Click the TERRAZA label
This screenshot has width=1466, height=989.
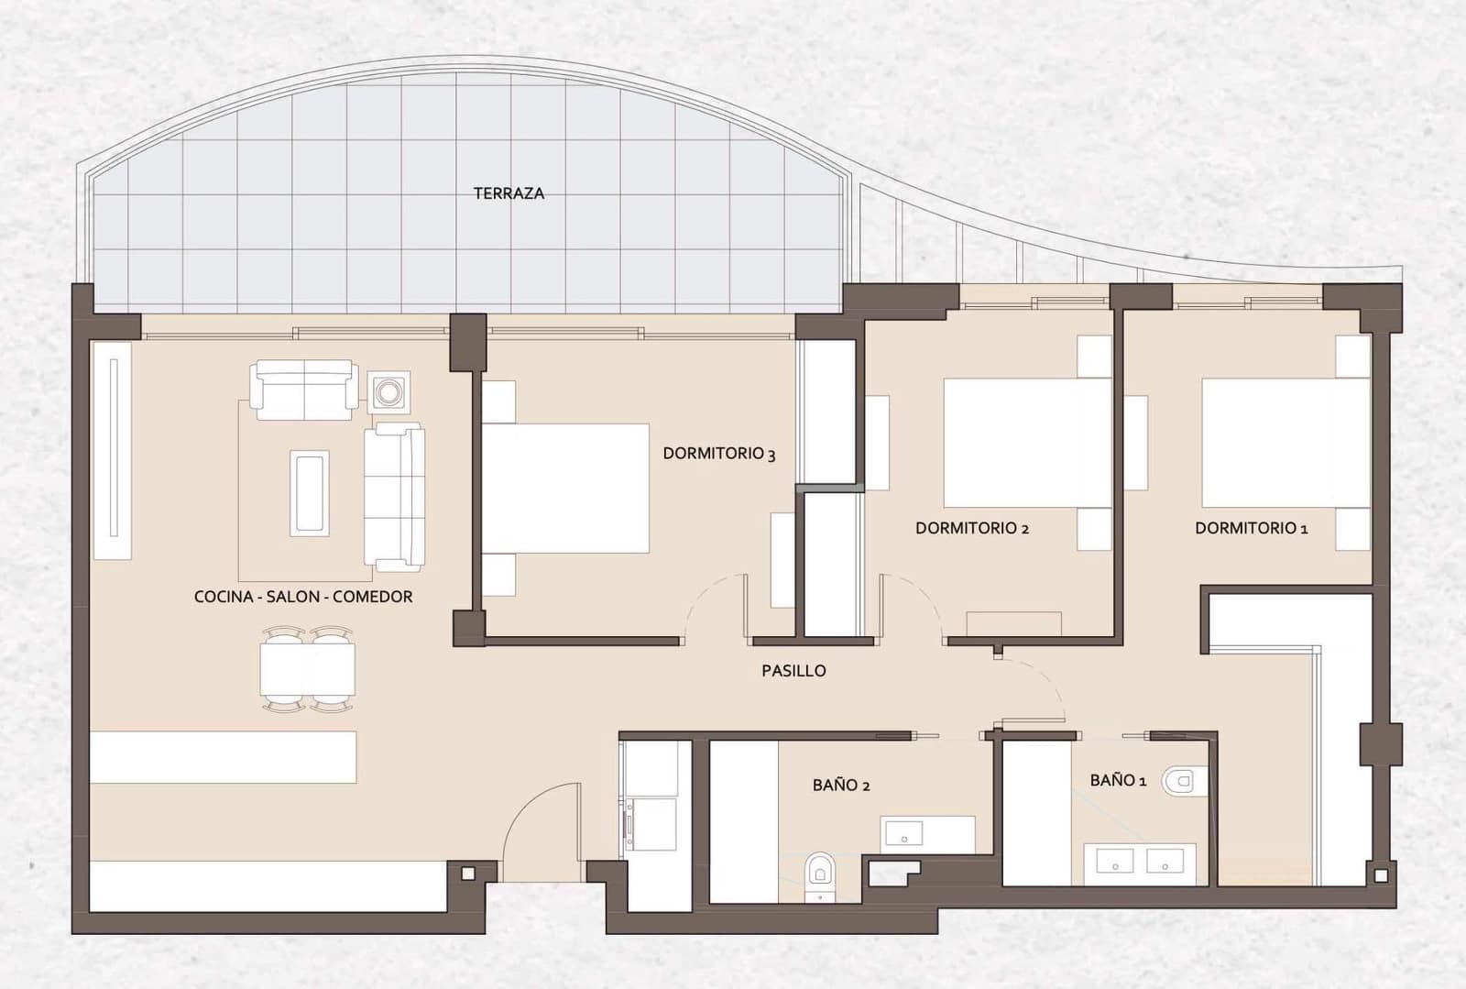pyautogui.click(x=509, y=193)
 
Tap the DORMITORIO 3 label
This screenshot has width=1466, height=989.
pyautogui.click(x=719, y=454)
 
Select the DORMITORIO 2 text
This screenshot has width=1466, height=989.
pyautogui.click(x=972, y=528)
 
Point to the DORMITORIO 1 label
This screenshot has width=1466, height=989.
pyautogui.click(x=1251, y=528)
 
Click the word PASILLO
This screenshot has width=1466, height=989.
pyautogui.click(x=793, y=671)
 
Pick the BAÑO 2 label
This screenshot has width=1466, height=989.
pyautogui.click(x=841, y=786)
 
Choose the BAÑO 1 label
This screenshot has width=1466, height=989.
pyautogui.click(x=1118, y=781)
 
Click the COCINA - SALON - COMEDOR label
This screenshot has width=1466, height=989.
pyautogui.click(x=303, y=597)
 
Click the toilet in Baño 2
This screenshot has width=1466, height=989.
pyautogui.click(x=819, y=869)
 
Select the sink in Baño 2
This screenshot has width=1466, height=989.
pyautogui.click(x=906, y=834)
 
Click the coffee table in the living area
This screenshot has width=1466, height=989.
pyautogui.click(x=310, y=492)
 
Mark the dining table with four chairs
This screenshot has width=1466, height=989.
pyautogui.click(x=307, y=670)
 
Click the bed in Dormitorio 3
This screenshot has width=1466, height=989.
pyautogui.click(x=564, y=489)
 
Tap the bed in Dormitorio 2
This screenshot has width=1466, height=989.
pyautogui.click(x=1026, y=442)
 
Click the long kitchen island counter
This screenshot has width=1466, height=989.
pyautogui.click(x=223, y=756)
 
